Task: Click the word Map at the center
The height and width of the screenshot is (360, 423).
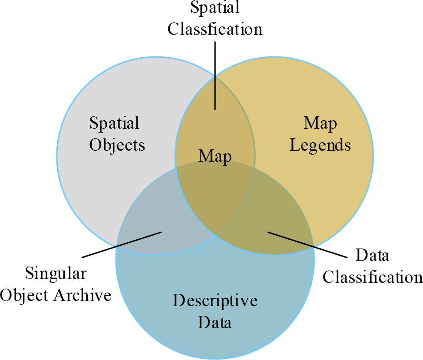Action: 215,156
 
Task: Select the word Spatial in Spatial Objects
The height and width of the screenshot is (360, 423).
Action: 114,123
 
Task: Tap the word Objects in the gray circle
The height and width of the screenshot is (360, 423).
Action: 117,145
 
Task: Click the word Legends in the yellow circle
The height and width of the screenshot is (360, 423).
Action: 320,145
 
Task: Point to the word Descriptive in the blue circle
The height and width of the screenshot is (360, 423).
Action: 215,301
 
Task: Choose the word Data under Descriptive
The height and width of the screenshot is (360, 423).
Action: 215,323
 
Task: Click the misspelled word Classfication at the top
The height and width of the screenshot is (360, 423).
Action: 215,29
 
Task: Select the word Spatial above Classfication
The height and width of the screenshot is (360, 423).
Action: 215,7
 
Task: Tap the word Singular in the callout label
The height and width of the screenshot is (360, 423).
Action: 56,273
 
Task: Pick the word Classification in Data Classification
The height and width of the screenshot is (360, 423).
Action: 372,277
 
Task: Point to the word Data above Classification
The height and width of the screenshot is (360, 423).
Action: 372,256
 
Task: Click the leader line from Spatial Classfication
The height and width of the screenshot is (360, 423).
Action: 215,75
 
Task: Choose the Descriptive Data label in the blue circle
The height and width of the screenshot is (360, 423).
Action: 215,312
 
